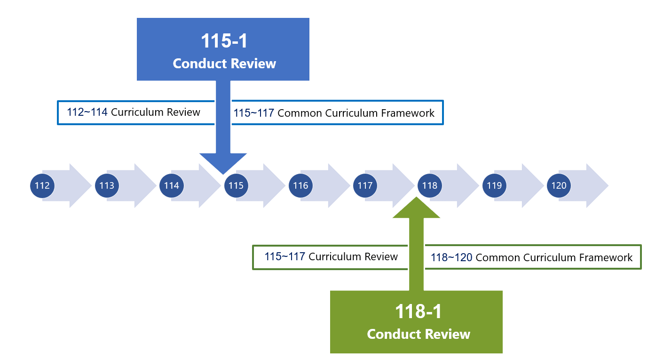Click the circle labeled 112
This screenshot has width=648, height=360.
point(42,185)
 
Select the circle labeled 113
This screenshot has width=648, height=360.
point(107,185)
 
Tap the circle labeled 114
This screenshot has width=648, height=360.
point(172,185)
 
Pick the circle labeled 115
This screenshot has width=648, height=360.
point(236,185)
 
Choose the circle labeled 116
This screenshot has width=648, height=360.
point(300,185)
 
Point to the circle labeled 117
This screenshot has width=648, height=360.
point(365,185)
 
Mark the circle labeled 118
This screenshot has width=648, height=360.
point(430,185)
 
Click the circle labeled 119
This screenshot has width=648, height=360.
point(494,185)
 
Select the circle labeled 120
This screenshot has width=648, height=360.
point(559,185)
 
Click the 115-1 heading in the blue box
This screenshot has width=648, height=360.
point(224,41)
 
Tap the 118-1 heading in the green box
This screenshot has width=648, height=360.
point(419,312)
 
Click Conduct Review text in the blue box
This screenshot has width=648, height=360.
point(224,64)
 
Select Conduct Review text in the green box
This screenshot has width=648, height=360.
point(419,334)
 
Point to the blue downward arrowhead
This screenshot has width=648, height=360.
point(223,164)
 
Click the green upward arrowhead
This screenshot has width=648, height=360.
point(416,208)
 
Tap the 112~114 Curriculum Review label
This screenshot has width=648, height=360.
point(134,112)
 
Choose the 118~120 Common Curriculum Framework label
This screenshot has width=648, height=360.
point(531,257)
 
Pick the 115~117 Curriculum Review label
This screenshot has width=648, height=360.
point(331,256)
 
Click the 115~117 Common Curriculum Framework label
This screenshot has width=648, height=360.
point(334,113)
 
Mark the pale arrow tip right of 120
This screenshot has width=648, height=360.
point(608,185)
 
